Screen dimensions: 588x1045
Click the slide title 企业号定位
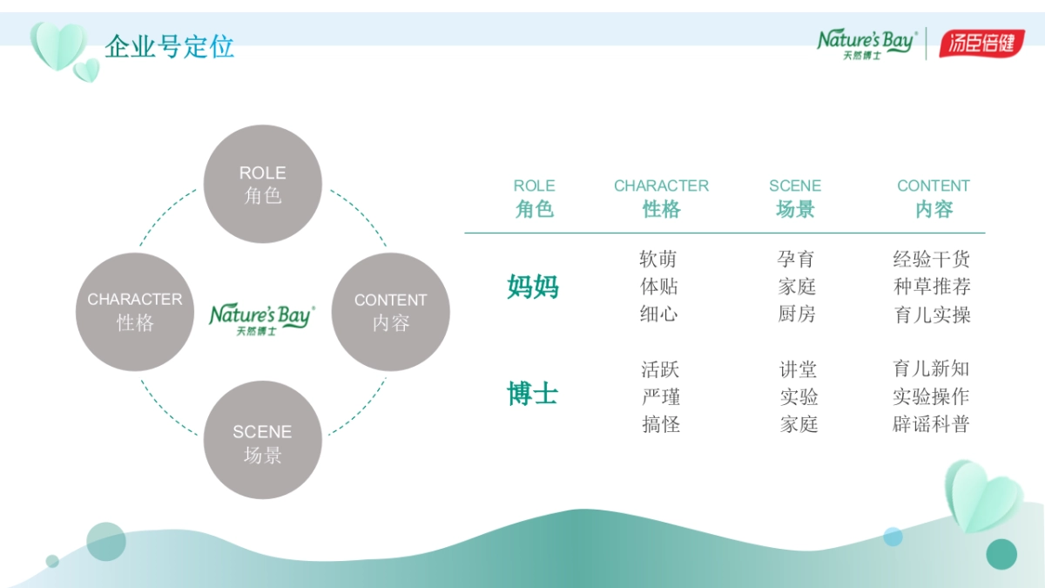pos(169,46)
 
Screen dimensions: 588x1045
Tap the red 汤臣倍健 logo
pos(981,43)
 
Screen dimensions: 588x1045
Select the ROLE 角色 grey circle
pos(262,184)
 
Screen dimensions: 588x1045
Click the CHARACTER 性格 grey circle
pos(135,312)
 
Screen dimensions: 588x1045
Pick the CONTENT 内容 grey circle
pos(390,312)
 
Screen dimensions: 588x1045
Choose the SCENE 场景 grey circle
pos(262,440)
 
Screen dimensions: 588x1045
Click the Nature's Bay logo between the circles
pos(262,318)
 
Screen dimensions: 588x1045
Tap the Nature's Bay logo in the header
pos(866,44)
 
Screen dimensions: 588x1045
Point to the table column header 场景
pos(795,209)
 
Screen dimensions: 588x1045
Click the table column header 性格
pos(661,209)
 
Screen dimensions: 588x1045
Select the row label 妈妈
pos(533,287)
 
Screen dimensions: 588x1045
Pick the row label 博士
pos(533,394)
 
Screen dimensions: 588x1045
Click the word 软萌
pos(658,259)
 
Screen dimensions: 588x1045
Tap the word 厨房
pos(797,314)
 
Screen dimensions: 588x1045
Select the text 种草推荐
pos(932,287)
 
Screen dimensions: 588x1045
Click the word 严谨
pos(660,397)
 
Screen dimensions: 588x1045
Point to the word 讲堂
pos(798,369)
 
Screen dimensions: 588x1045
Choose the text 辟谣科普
pos(931,424)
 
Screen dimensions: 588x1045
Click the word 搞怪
pos(660,424)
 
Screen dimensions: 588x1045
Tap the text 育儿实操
pos(932,314)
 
